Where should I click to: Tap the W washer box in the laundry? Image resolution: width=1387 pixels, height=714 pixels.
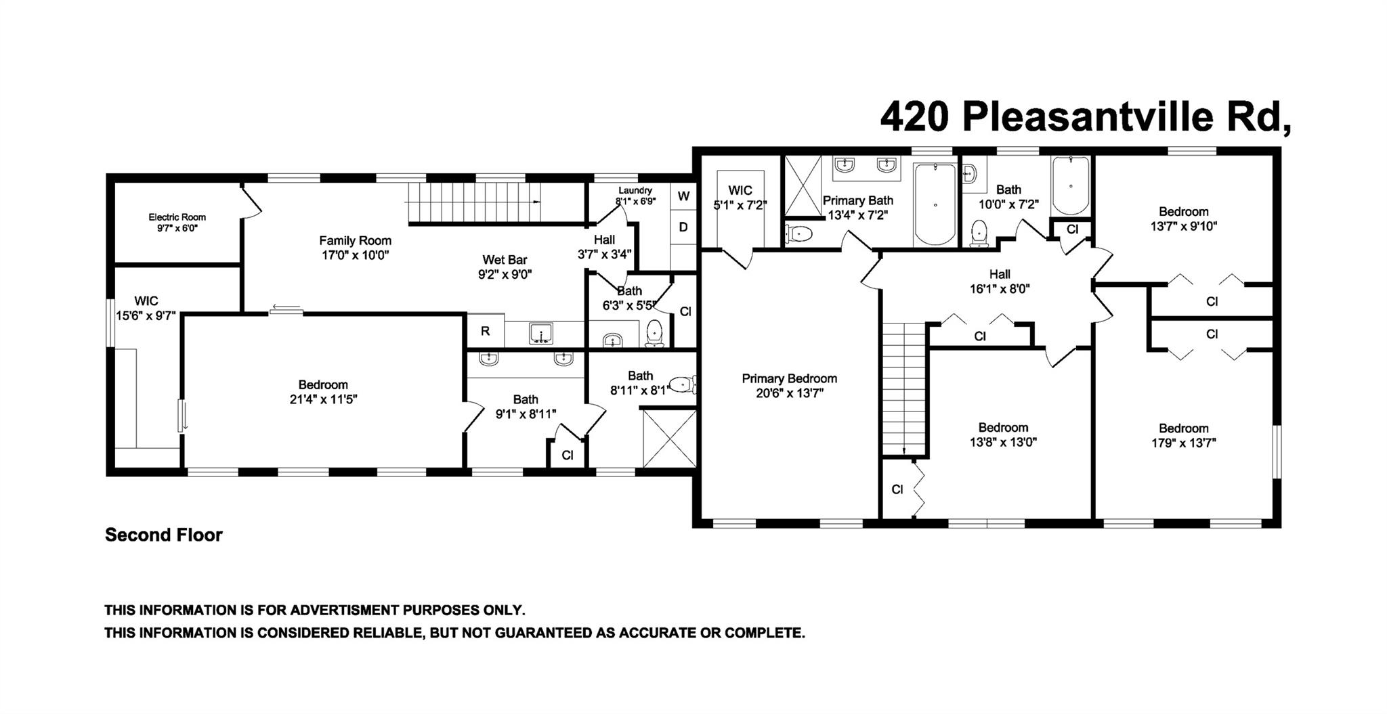click(683, 196)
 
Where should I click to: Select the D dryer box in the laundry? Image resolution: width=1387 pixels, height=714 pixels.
click(683, 227)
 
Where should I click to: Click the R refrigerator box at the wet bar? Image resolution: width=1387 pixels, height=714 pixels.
click(485, 331)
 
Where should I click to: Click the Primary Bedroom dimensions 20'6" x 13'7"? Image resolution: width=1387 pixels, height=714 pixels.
click(790, 393)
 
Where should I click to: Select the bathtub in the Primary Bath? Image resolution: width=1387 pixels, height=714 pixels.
click(935, 204)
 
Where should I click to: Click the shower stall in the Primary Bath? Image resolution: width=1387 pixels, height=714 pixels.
click(803, 185)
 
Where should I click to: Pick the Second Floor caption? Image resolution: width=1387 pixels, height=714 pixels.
click(163, 535)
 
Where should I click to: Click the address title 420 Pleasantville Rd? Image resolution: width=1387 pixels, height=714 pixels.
click(1085, 118)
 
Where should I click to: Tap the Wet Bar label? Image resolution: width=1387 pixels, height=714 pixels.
click(505, 260)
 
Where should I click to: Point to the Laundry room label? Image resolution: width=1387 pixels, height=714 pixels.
click(635, 191)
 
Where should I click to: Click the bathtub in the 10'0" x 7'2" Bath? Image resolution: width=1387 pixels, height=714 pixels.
click(1070, 185)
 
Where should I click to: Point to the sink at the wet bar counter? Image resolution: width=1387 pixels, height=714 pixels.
click(541, 333)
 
